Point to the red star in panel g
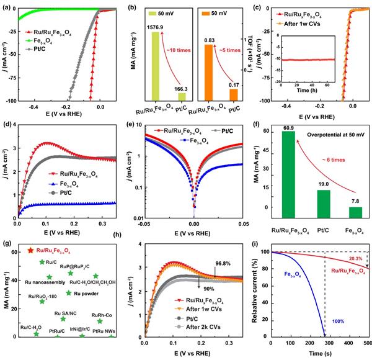(x=31, y=250)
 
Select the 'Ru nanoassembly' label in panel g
(x=43, y=282)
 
